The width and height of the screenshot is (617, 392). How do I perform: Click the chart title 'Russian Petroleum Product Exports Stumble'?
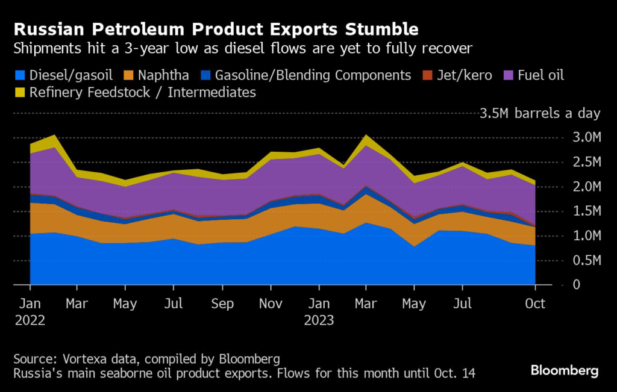tap(216, 29)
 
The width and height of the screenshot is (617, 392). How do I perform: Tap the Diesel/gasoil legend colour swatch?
tap(19, 76)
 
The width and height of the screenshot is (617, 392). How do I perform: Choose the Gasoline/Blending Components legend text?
tap(314, 76)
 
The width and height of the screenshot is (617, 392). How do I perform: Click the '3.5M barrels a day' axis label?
tap(540, 113)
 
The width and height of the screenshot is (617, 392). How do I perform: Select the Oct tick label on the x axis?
tap(535, 303)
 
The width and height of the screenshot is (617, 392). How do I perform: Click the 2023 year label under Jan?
tap(319, 320)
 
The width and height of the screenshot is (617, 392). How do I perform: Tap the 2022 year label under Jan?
tap(30, 320)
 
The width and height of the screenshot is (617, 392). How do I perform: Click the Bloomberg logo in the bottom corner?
tap(565, 370)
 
